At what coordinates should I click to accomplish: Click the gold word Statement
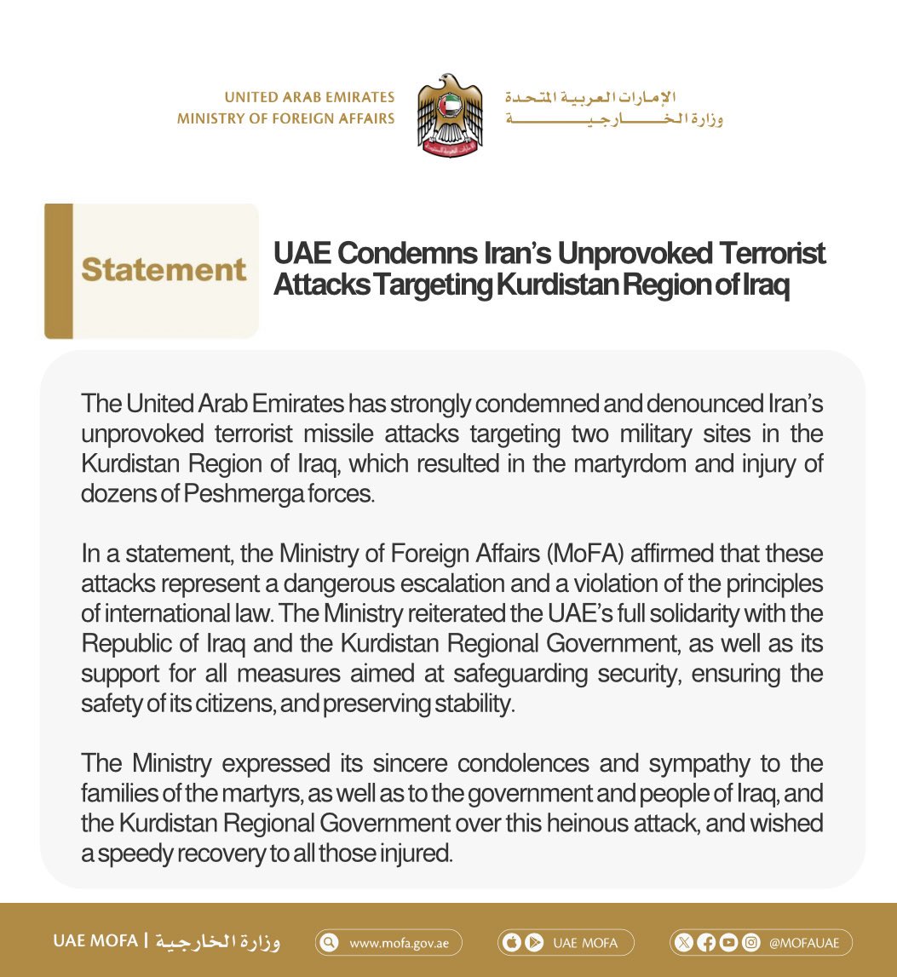pos(164,270)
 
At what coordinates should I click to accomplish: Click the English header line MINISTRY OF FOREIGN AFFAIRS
pos(285,118)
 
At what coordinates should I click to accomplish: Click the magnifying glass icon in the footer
pos(330,943)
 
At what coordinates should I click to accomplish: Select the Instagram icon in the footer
pos(750,943)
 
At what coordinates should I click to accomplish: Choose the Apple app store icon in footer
pos(515,943)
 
